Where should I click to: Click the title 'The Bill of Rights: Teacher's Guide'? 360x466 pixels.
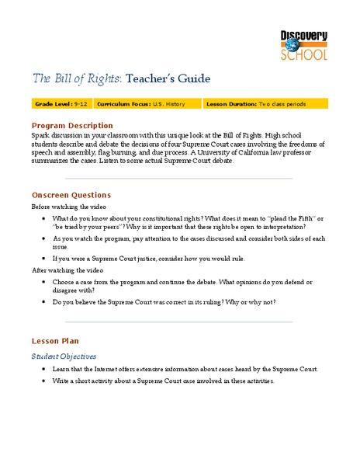tap(120, 78)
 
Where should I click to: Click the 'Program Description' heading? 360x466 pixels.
tap(71, 126)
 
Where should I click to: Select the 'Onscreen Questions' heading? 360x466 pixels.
tap(71, 195)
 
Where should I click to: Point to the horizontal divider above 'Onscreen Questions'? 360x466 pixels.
tap(179, 179)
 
